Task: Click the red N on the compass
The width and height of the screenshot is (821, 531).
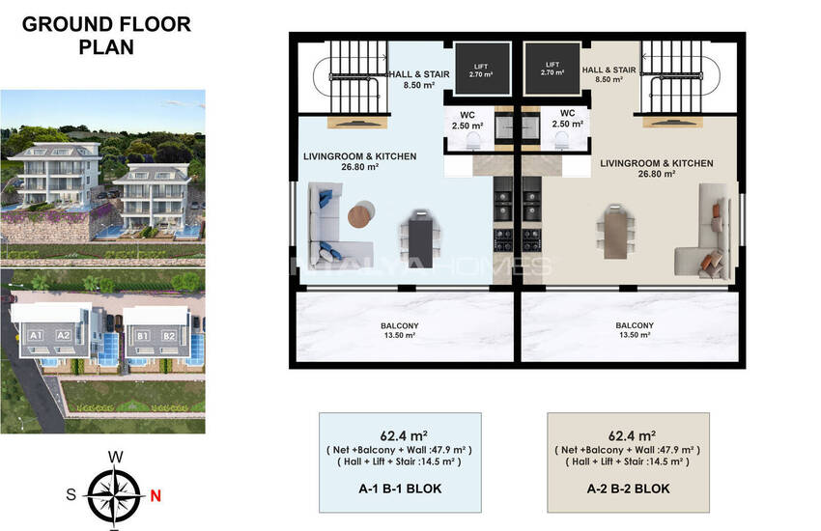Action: pos(155,495)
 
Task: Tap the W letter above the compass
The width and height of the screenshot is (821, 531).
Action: pos(115,457)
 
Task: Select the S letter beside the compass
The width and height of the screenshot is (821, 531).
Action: pos(71,494)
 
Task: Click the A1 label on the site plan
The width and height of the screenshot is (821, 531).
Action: pos(36,335)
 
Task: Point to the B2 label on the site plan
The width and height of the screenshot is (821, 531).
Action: pos(169,336)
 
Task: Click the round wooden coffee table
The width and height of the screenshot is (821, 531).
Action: pos(361,214)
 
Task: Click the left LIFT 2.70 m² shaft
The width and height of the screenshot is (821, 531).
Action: pos(482,70)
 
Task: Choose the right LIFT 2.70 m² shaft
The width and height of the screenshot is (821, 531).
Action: pos(552,69)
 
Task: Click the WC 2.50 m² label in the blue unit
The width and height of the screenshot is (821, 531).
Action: pos(467,121)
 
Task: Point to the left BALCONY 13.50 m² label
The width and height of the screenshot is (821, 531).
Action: pos(400,330)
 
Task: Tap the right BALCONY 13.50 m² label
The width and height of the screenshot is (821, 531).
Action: pos(635,329)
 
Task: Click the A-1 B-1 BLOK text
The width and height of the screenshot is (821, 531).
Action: pos(400,489)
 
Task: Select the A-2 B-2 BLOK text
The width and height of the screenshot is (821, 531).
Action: pos(629,489)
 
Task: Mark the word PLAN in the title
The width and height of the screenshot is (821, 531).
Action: pos(106,47)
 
